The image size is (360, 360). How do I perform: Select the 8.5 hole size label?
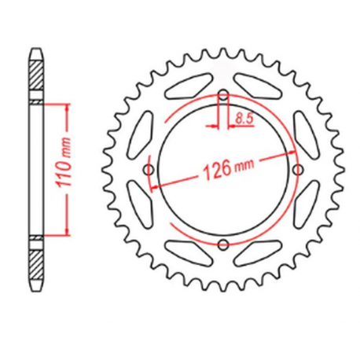(x=244, y=119)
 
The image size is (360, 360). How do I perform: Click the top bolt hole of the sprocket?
(x=222, y=97)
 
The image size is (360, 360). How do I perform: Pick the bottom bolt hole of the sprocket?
(x=222, y=244)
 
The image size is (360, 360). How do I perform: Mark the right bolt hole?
(x=296, y=171)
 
